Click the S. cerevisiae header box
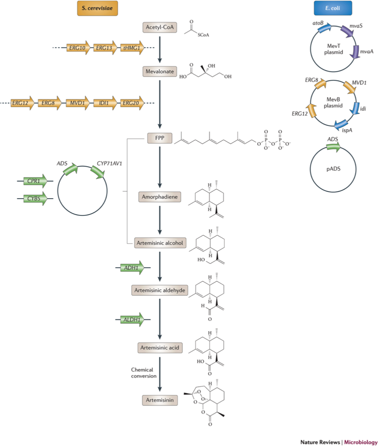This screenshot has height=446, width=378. point(98,8)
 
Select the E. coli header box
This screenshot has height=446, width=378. point(333,8)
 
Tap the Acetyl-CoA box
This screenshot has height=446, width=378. point(160,27)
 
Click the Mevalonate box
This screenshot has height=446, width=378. point(160,71)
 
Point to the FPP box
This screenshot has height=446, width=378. point(160,138)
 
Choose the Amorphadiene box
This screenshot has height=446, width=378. point(160,197)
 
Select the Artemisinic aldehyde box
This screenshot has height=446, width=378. point(160,291)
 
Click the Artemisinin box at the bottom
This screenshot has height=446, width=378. point(160,400)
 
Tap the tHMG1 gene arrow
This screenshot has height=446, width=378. point(132,48)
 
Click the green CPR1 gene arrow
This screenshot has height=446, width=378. point(35,181)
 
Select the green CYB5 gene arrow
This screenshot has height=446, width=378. point(35,199)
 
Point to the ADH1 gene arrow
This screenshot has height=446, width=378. point(132,268)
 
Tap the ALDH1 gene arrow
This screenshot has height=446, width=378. point(132,319)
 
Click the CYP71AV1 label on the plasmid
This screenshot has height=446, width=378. point(110,164)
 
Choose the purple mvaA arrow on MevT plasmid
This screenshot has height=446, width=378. point(355,52)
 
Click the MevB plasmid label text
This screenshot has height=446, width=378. point(333,102)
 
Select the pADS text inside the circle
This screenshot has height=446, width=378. point(334,169)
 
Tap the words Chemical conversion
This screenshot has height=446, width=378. point(144,373)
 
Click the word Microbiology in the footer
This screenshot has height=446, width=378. point(361,442)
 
